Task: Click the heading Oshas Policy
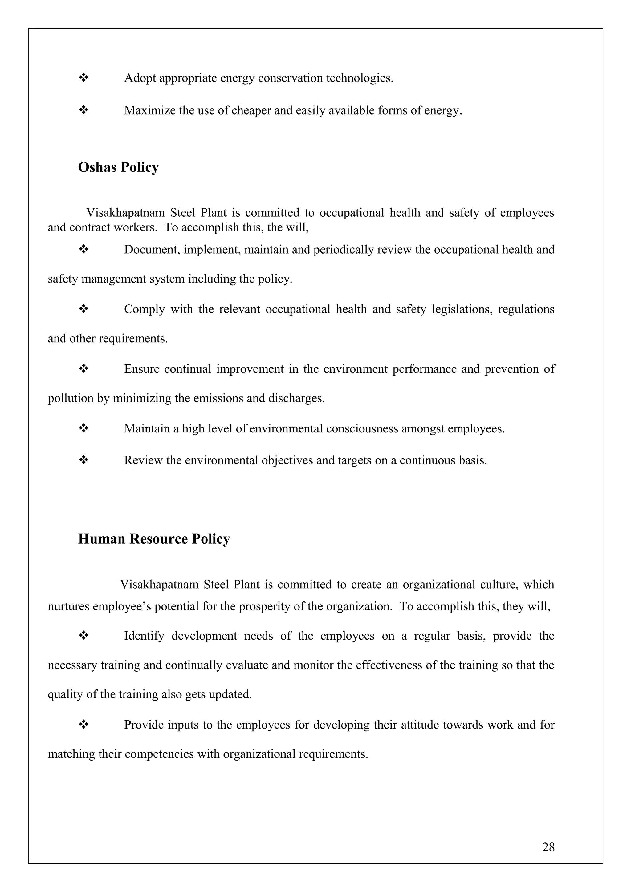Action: coord(118,167)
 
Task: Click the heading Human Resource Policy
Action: coord(154,539)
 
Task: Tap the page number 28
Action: coord(548,847)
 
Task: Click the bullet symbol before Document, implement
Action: coord(83,249)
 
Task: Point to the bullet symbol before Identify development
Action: coord(83,636)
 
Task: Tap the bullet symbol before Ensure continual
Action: coord(83,369)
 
